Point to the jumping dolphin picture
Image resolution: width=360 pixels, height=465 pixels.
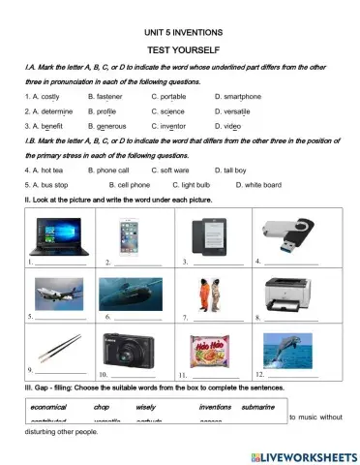tap(289, 346)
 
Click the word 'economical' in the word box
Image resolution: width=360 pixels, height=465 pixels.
tap(47, 407)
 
